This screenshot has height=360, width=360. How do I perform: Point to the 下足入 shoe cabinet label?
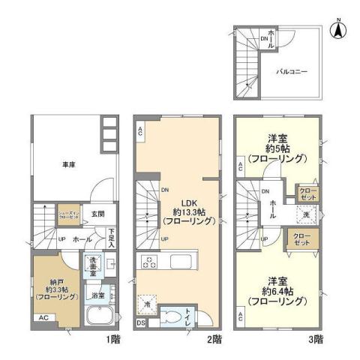tap(111, 237)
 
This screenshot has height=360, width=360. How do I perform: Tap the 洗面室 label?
tap(95, 265)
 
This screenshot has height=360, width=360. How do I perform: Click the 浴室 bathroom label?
tap(97, 295)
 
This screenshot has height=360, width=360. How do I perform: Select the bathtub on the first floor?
tap(100, 316)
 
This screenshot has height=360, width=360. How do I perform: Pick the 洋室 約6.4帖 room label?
tap(279, 296)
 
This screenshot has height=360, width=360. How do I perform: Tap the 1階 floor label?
tap(113, 340)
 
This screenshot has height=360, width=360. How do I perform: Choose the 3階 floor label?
tap(316, 340)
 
